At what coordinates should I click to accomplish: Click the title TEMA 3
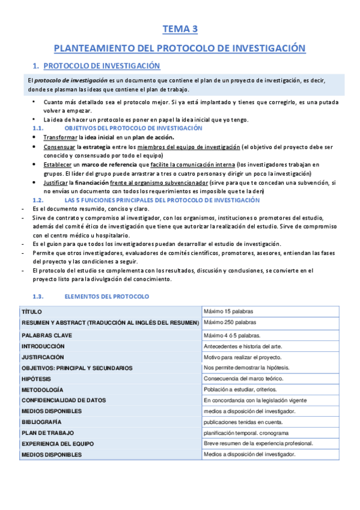pyautogui.click(x=180, y=28)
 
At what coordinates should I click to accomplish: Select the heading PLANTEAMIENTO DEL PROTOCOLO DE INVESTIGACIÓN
pyautogui.click(x=180, y=48)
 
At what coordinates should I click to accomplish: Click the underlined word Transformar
pyautogui.click(x=60, y=137)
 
